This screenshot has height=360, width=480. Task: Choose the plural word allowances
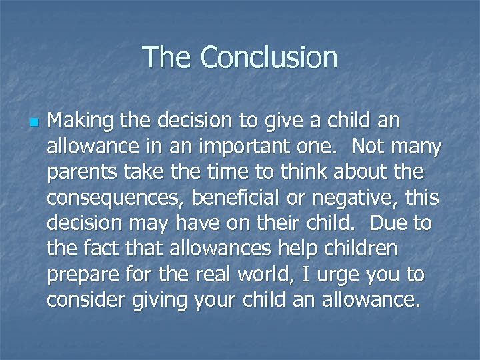click(x=221, y=249)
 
